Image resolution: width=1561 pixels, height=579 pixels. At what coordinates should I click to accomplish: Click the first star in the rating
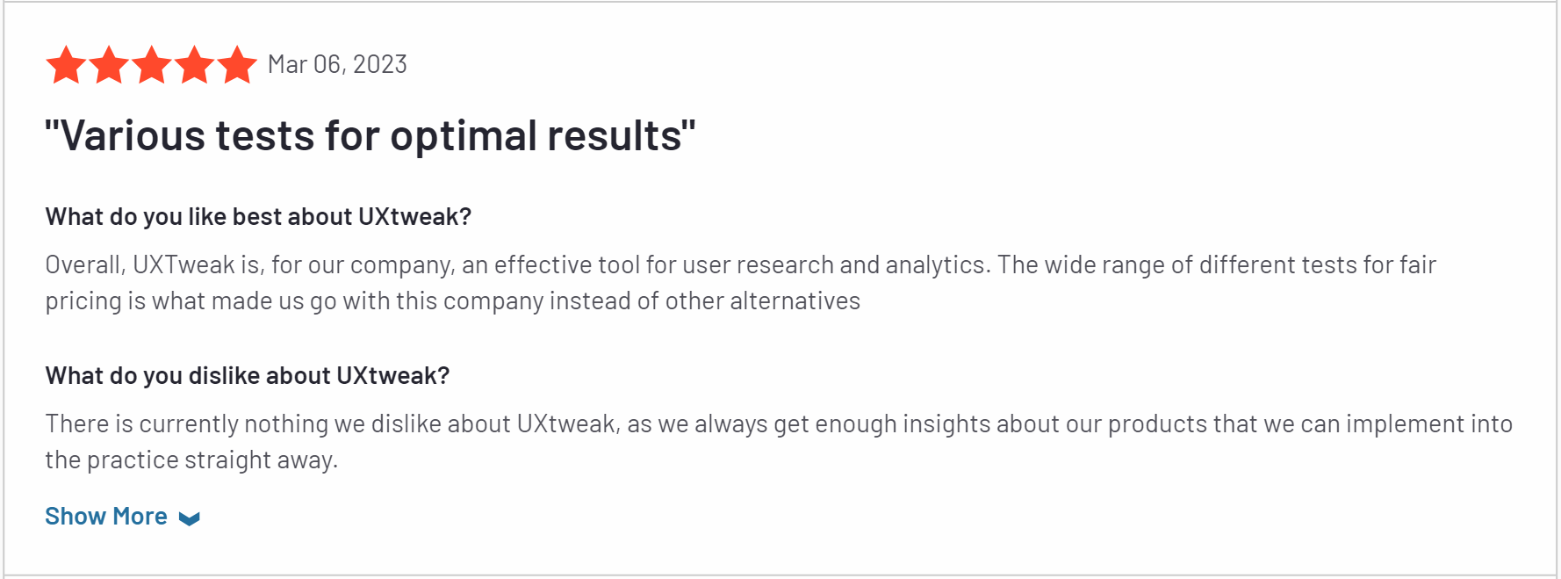[x=66, y=65]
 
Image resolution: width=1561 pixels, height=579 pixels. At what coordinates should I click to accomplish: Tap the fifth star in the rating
[x=237, y=65]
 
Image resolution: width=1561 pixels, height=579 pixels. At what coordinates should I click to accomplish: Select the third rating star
[x=152, y=65]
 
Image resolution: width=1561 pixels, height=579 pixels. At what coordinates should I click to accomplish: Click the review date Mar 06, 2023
[x=337, y=64]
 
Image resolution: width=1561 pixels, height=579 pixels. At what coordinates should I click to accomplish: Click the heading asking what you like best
[x=258, y=217]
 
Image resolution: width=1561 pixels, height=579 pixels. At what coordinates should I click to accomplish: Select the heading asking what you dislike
[x=248, y=376]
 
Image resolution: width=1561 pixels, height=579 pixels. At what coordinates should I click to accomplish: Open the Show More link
[x=106, y=517]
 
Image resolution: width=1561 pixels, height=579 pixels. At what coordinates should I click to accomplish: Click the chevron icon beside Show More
[x=189, y=518]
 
